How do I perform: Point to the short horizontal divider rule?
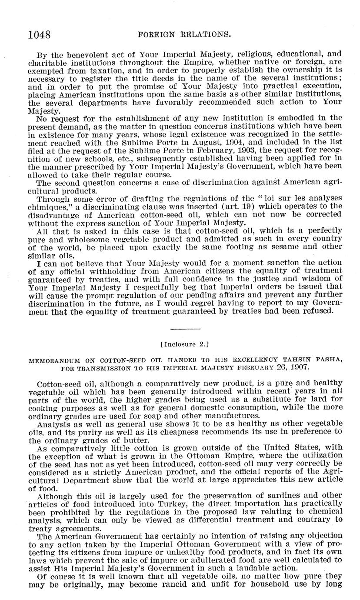(x=185, y=328)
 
